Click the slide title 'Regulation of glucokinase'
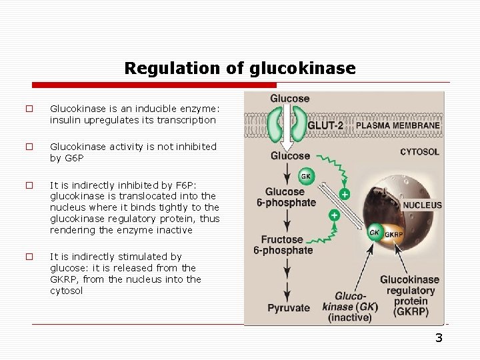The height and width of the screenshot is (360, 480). [x=240, y=69]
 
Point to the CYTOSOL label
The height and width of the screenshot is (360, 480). [x=419, y=152]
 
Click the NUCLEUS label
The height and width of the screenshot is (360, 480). [x=421, y=205]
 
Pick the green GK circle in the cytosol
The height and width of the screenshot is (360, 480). [x=306, y=177]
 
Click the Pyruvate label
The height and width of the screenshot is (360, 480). [x=289, y=307]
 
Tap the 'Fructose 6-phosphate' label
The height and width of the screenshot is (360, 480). [x=283, y=245]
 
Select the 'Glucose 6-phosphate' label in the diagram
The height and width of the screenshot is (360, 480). [x=285, y=197]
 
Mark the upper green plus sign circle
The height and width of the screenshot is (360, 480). [x=345, y=194]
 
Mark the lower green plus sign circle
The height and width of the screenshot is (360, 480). [x=334, y=215]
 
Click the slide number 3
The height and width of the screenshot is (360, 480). [x=439, y=338]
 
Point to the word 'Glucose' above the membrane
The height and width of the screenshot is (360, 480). [x=289, y=99]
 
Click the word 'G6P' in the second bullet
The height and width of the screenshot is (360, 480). [x=73, y=158]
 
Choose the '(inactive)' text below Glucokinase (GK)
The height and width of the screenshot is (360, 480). [x=349, y=317]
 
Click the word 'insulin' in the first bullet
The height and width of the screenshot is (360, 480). [x=65, y=120]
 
